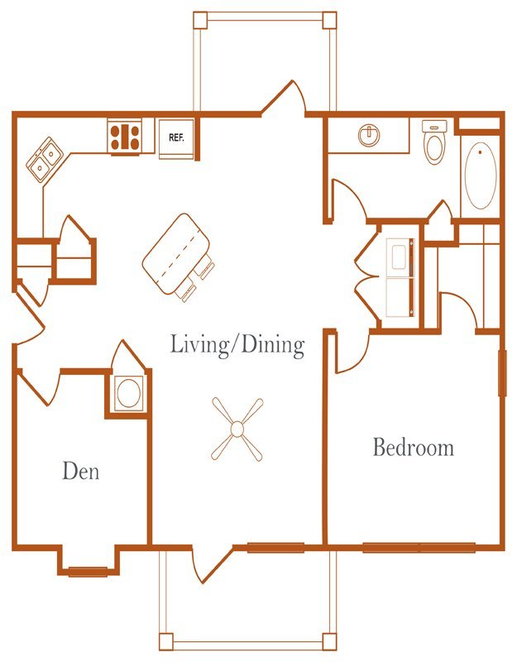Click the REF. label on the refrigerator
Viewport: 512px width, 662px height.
[176, 137]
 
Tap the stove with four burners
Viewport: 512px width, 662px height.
[124, 137]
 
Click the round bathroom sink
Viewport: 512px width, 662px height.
[369, 136]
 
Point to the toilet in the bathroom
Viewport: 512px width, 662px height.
[434, 142]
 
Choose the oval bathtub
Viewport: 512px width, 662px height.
[481, 175]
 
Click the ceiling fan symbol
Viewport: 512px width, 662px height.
[237, 429]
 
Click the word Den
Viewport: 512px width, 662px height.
[80, 471]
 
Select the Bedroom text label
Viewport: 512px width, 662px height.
[414, 447]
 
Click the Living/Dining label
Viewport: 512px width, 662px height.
[237, 344]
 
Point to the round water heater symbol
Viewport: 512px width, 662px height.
[128, 392]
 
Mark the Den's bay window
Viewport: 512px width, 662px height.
[88, 572]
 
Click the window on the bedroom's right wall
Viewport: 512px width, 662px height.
[502, 372]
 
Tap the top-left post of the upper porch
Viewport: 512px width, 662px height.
[200, 19]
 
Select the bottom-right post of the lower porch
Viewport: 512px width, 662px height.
[329, 641]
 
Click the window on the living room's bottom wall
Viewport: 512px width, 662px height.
[275, 548]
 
